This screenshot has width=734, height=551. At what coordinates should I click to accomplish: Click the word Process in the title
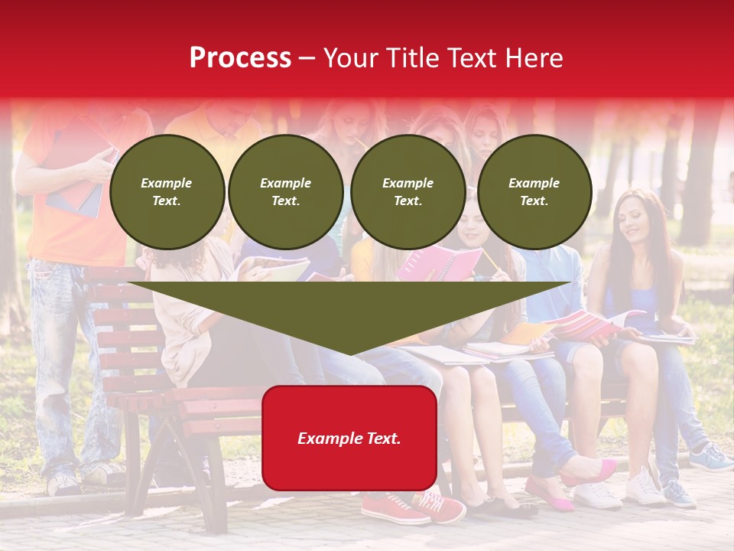pyautogui.click(x=240, y=58)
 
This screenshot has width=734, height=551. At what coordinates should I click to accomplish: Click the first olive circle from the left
pyautogui.click(x=167, y=192)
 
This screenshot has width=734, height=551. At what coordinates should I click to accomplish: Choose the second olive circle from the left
pyautogui.click(x=286, y=192)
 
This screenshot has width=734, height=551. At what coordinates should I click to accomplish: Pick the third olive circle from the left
pyautogui.click(x=408, y=192)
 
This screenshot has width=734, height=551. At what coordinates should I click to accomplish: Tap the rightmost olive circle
pyautogui.click(x=534, y=192)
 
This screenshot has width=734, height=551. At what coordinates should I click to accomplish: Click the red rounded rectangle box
pyautogui.click(x=349, y=438)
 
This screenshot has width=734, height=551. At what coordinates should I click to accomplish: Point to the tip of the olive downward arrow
pyautogui.click(x=350, y=353)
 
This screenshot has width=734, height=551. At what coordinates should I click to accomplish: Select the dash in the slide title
pyautogui.click(x=307, y=58)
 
